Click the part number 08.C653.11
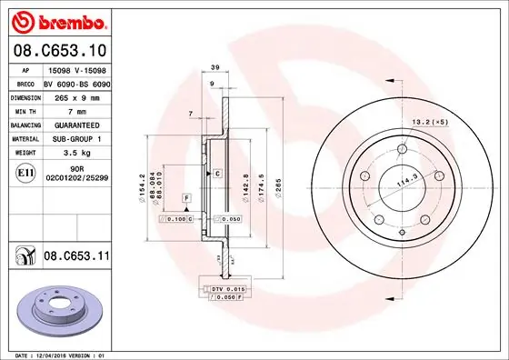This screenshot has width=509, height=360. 75,257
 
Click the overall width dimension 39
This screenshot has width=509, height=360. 215,68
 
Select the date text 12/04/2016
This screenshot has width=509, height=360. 62,354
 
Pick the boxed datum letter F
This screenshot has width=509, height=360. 185,197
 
